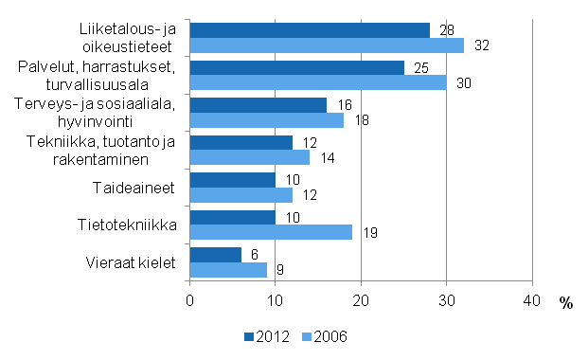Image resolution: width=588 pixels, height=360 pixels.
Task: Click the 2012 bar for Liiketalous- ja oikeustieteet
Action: pyautogui.click(x=310, y=30)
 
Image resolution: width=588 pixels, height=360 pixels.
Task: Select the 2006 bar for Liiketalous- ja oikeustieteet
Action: pyautogui.click(x=327, y=45)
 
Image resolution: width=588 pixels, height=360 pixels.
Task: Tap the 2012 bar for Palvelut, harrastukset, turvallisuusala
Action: pyautogui.click(x=296, y=68)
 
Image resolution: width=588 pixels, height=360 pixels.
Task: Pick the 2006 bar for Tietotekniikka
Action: pyautogui.click(x=271, y=232)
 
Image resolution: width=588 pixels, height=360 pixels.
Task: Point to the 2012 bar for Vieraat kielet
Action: pyautogui.click(x=216, y=255)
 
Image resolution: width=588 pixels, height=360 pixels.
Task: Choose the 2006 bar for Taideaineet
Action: pyautogui.click(x=241, y=194)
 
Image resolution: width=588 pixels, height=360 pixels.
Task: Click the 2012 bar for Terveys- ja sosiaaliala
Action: pyautogui.click(x=258, y=105)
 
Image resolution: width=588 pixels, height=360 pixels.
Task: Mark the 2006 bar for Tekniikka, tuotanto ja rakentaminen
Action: pyautogui.click(x=250, y=157)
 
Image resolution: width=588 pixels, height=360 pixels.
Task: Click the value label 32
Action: pyautogui.click(x=481, y=45)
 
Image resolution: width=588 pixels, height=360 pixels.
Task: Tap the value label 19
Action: pyautogui.click(x=371, y=232)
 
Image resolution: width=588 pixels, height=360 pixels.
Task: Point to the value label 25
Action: pyautogui.click(x=422, y=68)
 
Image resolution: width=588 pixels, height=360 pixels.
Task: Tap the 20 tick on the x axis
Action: pyautogui.click(x=361, y=300)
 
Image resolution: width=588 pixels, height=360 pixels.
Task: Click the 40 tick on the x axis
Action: pyautogui.click(x=532, y=300)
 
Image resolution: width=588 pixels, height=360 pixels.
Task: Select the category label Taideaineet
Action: pyautogui.click(x=139, y=188)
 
